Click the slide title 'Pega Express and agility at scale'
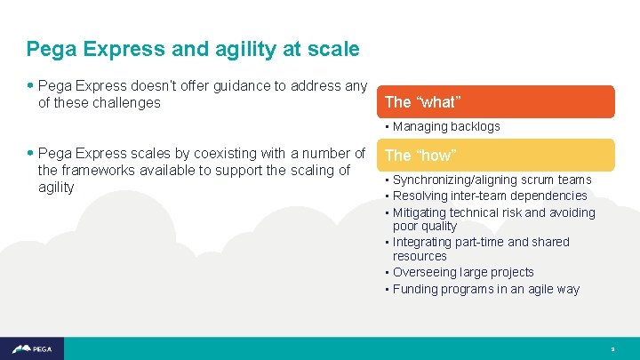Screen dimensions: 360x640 tap(193, 49)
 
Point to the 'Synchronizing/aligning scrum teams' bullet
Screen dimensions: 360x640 tap(492, 180)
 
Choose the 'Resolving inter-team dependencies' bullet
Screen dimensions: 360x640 tap(490, 196)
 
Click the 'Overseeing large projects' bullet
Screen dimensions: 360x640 tap(463, 272)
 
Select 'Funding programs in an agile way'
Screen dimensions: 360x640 tap(485, 289)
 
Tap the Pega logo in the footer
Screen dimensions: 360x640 tap(28, 349)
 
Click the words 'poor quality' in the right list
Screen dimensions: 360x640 tap(425, 227)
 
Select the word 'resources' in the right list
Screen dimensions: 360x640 tap(420, 256)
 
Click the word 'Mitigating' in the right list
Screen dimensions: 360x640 tap(421, 212)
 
